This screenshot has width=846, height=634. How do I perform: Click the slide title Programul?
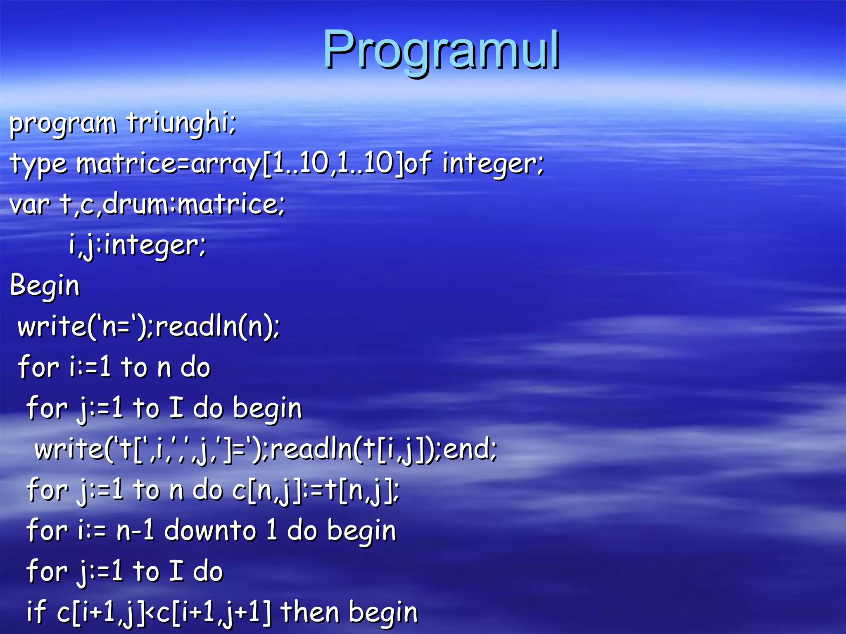[x=441, y=50]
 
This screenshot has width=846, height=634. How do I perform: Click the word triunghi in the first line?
[x=181, y=123]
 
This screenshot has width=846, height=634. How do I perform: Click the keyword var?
[x=30, y=204]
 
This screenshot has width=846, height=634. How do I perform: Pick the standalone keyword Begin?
[x=45, y=286]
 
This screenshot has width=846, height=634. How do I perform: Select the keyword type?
[x=38, y=164]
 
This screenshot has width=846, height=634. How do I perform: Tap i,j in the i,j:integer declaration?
[x=83, y=245]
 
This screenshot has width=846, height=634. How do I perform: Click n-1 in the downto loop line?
[x=135, y=531]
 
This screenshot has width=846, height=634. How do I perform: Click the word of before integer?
[x=418, y=163]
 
